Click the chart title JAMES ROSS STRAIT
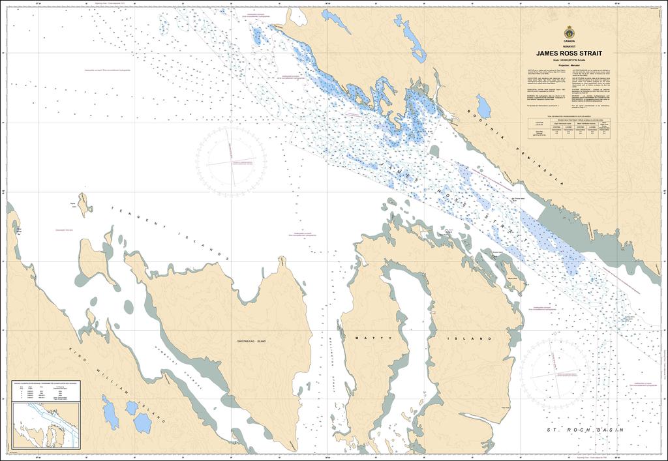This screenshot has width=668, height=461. coord(569,53)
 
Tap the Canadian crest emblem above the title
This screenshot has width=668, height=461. coord(569,32)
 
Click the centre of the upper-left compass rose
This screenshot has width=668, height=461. coord(232,161)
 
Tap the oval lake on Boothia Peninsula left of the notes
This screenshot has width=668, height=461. coord(483,106)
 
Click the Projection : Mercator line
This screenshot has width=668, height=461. coord(569,66)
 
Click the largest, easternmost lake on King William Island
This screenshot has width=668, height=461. coord(142,423)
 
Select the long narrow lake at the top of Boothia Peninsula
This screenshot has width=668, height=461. coord(410,38)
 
